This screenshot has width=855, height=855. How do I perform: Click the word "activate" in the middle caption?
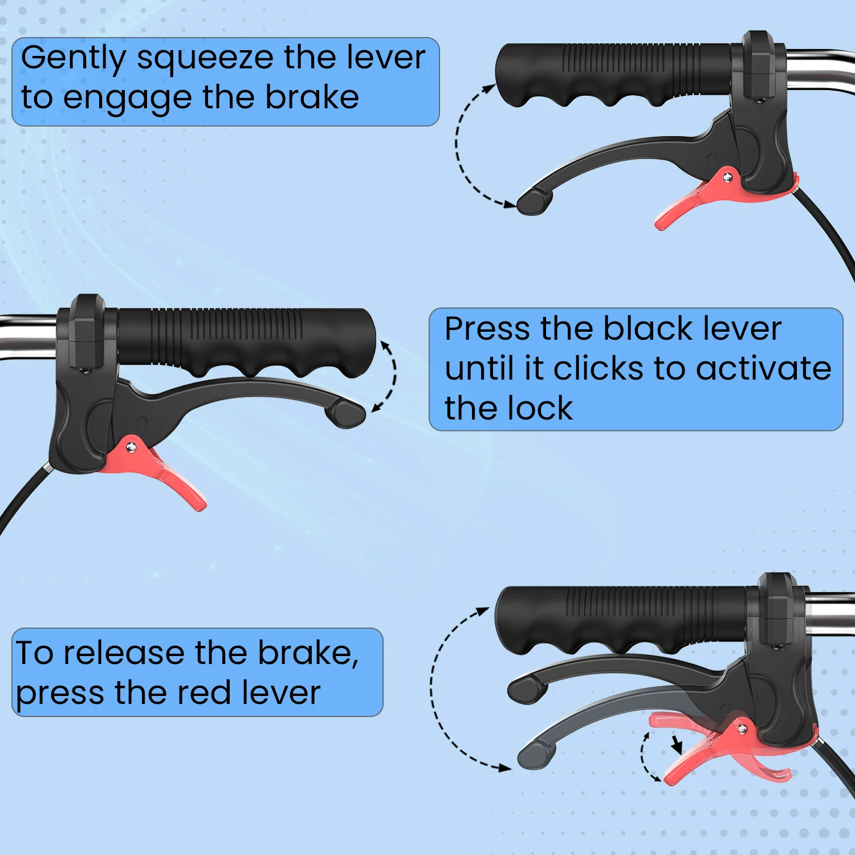(764, 368)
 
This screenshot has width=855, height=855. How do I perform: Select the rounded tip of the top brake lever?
(534, 201)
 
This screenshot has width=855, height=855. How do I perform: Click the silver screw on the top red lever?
(727, 178)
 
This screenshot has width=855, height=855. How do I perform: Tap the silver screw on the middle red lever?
(131, 447)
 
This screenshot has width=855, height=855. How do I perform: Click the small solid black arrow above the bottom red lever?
(677, 744)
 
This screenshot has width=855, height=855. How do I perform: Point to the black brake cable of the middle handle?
(23, 496)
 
